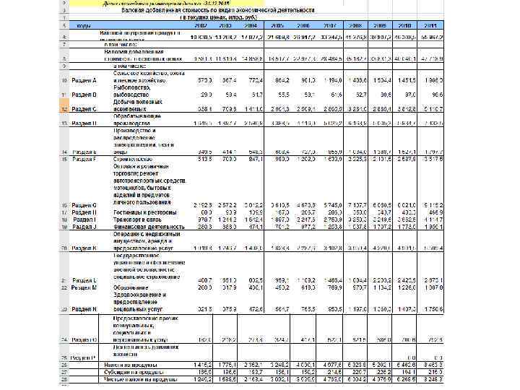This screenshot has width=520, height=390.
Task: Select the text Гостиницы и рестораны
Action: point(145,212)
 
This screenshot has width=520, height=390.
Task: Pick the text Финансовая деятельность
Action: point(149,226)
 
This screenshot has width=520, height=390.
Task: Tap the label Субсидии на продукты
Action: point(143,372)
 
